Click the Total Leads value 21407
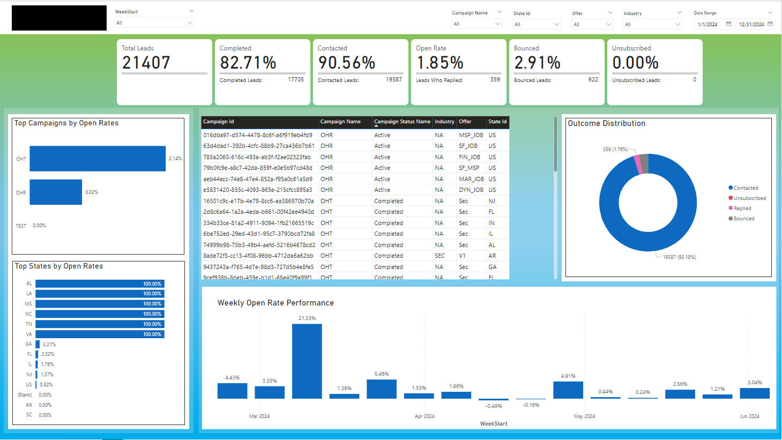146,63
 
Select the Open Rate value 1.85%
440,63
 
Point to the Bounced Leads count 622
593,79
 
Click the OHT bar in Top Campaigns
98,159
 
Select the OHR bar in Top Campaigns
56,192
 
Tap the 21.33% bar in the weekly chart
307,361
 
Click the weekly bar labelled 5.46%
382,389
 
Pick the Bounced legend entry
743,219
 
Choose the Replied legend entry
742,208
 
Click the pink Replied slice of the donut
638,165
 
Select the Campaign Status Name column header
402,122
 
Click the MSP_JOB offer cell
471,135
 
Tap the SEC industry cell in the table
440,256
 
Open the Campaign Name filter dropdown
476,24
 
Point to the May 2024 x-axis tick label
584,416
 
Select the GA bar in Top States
38,344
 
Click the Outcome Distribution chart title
606,123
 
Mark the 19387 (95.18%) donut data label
679,257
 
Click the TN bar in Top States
100,324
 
